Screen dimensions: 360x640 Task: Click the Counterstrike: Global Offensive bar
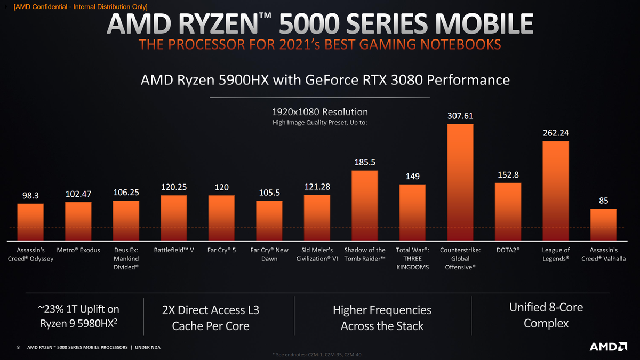coord(460,181)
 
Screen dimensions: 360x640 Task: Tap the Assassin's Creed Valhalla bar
coord(603,223)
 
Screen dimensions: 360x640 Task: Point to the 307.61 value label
coord(460,116)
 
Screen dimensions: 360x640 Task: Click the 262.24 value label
coord(555,133)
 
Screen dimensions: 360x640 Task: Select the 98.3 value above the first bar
coord(30,196)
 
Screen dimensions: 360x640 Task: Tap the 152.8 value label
coord(507,174)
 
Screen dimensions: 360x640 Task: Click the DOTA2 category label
coord(508,250)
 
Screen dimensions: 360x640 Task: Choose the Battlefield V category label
coord(173,250)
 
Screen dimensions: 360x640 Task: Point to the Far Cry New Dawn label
coord(269,254)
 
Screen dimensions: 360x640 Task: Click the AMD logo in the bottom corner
coord(608,347)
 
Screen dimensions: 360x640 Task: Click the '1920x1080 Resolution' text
coord(319,112)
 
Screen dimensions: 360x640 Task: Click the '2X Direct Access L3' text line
coord(210,310)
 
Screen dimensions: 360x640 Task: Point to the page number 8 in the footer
coord(19,348)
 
